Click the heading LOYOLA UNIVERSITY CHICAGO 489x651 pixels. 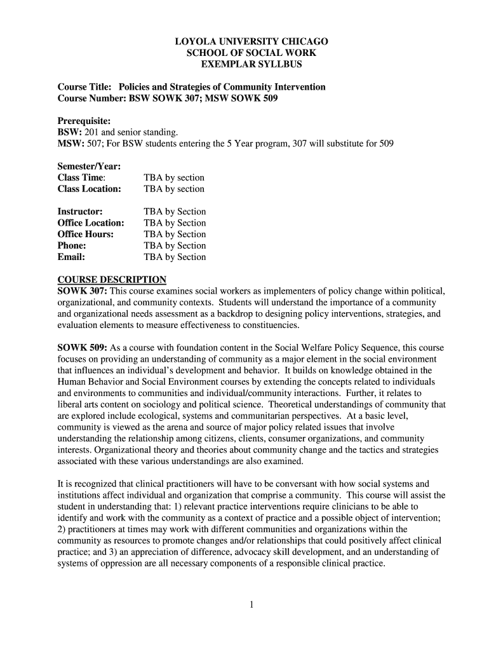[x=251, y=42]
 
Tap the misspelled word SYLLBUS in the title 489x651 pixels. [x=281, y=65]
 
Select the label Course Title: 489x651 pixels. [x=84, y=87]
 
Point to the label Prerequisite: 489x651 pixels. [x=84, y=121]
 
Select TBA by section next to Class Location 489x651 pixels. [x=174, y=189]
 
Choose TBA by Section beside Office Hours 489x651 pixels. [x=175, y=235]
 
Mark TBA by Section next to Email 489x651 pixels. [x=175, y=257]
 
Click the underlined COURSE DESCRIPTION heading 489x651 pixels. [x=112, y=280]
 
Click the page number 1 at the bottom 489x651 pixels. [x=251, y=605]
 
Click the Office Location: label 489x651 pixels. [x=91, y=223]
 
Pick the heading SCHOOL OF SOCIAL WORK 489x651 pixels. [x=251, y=53]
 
